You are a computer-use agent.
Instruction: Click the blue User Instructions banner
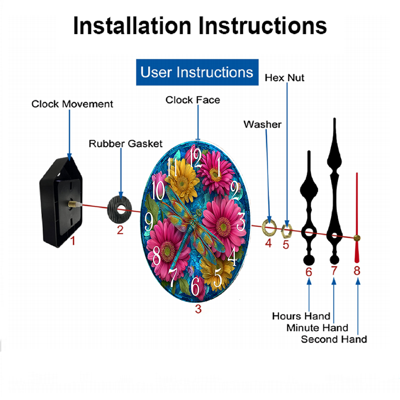197,72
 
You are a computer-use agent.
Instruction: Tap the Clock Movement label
72,104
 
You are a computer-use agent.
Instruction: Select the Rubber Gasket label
126,144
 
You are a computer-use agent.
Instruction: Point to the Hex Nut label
284,78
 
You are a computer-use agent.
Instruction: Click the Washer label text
262,124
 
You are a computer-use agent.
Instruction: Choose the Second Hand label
334,339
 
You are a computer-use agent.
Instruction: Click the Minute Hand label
317,328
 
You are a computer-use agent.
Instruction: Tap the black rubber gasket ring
120,210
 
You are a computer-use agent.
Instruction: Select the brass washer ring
269,227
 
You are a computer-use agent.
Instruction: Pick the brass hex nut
286,231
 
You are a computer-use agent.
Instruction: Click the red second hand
357,218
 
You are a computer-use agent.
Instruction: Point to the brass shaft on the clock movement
74,204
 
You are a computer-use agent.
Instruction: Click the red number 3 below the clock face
198,309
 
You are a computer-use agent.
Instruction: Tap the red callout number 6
309,272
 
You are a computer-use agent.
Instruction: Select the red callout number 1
73,241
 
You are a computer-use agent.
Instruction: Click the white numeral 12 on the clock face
196,158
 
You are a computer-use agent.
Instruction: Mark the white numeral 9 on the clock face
149,222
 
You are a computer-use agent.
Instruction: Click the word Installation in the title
132,26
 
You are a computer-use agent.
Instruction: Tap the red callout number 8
357,271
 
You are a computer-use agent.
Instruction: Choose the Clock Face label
193,100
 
